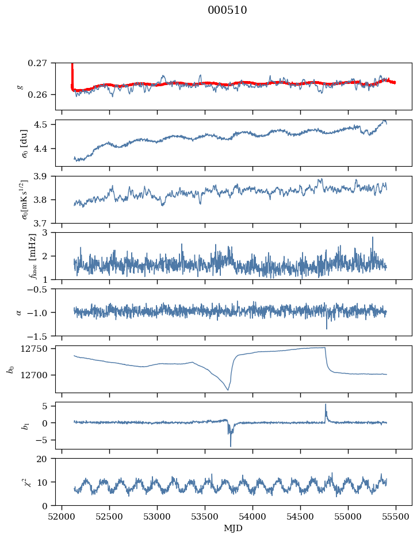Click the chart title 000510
tap(227, 10)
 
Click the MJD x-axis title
tap(233, 528)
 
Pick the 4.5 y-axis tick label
tap(45, 125)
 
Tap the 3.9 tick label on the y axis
tap(45, 176)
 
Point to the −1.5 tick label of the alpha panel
tap(41, 336)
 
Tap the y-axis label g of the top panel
tap(21, 86)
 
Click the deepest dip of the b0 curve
tap(228, 390)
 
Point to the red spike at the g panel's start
tap(72, 69)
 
